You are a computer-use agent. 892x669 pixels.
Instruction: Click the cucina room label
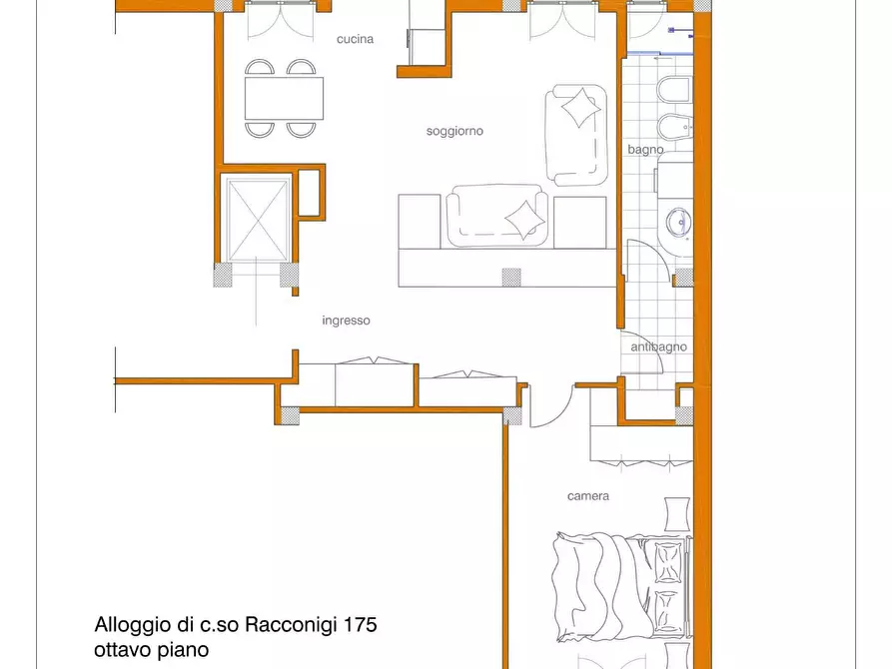[x=355, y=39]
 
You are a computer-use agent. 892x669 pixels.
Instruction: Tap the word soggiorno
[x=454, y=132]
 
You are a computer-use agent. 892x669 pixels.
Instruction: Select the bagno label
[x=645, y=150]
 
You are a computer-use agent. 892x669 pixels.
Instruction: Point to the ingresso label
[x=346, y=321]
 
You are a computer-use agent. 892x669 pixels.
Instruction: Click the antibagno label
[x=658, y=346]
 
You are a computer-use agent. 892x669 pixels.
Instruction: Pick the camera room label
[x=588, y=496]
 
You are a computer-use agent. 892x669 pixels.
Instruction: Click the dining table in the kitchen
[x=284, y=98]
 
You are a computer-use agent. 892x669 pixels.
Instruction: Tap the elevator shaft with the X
[x=258, y=219]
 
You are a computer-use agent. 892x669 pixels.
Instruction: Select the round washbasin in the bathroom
[x=678, y=223]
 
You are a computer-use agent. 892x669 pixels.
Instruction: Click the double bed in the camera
[x=621, y=587]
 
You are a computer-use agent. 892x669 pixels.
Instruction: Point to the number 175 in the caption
[x=361, y=625]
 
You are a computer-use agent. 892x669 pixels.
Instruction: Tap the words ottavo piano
[x=151, y=650]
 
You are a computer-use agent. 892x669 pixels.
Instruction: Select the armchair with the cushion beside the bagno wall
[x=576, y=135]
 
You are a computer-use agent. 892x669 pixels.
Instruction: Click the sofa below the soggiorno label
[x=497, y=216]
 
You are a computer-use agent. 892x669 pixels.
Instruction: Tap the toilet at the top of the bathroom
[x=674, y=91]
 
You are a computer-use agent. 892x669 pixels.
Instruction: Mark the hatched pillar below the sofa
[x=511, y=277]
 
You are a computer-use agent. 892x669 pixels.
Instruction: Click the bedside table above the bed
[x=677, y=514]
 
